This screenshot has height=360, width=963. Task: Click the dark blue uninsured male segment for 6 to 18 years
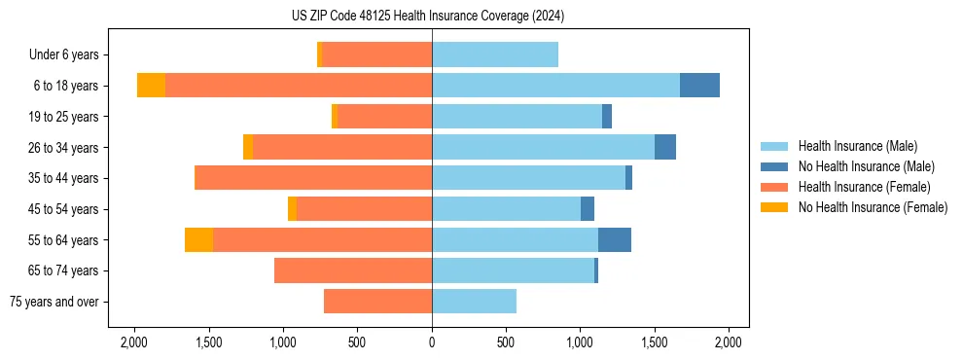coord(699,86)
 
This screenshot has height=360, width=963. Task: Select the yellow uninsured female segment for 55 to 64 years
coord(198,240)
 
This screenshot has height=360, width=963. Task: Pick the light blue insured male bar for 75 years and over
coord(474,302)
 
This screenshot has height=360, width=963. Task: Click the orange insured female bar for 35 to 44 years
coord(313,178)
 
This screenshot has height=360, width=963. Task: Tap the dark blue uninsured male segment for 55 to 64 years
coord(614,240)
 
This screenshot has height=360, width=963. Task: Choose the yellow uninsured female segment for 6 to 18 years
coord(151,86)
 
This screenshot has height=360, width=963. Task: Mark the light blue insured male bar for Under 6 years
coord(495,54)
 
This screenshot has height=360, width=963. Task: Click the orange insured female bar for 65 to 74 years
coord(353,270)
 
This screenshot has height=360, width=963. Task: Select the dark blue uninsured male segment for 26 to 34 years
coord(664,147)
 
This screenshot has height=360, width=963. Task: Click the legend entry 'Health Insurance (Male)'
coord(857,146)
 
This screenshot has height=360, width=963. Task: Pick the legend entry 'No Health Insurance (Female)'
coord(873,207)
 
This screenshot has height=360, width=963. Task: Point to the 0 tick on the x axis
coord(432,342)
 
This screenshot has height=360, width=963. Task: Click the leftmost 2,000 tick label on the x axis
coord(133,342)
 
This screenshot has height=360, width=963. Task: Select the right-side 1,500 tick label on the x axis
coord(655,342)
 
